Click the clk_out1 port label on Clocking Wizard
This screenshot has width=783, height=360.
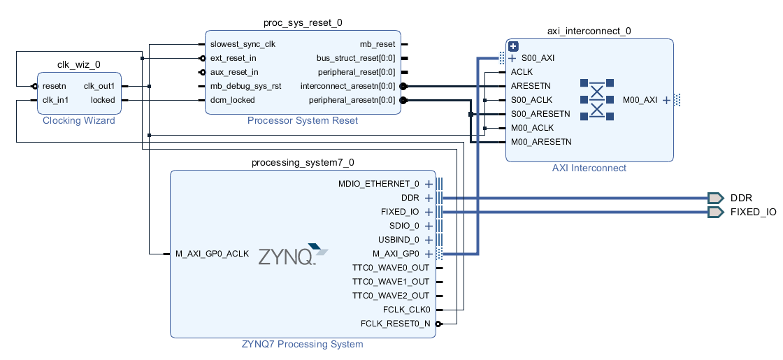99,86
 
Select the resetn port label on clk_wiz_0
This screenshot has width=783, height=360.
55,86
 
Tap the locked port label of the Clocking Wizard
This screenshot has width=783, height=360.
103,100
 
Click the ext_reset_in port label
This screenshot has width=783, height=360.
234,58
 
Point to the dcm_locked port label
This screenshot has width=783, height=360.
233,100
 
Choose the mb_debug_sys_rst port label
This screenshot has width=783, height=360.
245,86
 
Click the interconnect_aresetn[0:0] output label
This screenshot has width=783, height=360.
347,86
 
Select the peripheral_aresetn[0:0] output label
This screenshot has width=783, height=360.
352,100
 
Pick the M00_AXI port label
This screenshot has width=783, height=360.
640,100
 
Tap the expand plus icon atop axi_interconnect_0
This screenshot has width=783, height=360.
513,46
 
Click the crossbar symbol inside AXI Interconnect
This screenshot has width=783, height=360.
596,100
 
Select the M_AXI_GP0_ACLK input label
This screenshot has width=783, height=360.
213,254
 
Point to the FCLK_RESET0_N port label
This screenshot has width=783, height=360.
396,324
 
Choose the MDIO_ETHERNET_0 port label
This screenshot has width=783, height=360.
379,184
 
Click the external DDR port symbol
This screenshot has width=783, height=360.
715,198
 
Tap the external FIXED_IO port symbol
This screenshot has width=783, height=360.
715,212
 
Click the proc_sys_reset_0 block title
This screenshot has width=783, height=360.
303,22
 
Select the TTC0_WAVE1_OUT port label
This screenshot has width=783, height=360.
391,282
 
